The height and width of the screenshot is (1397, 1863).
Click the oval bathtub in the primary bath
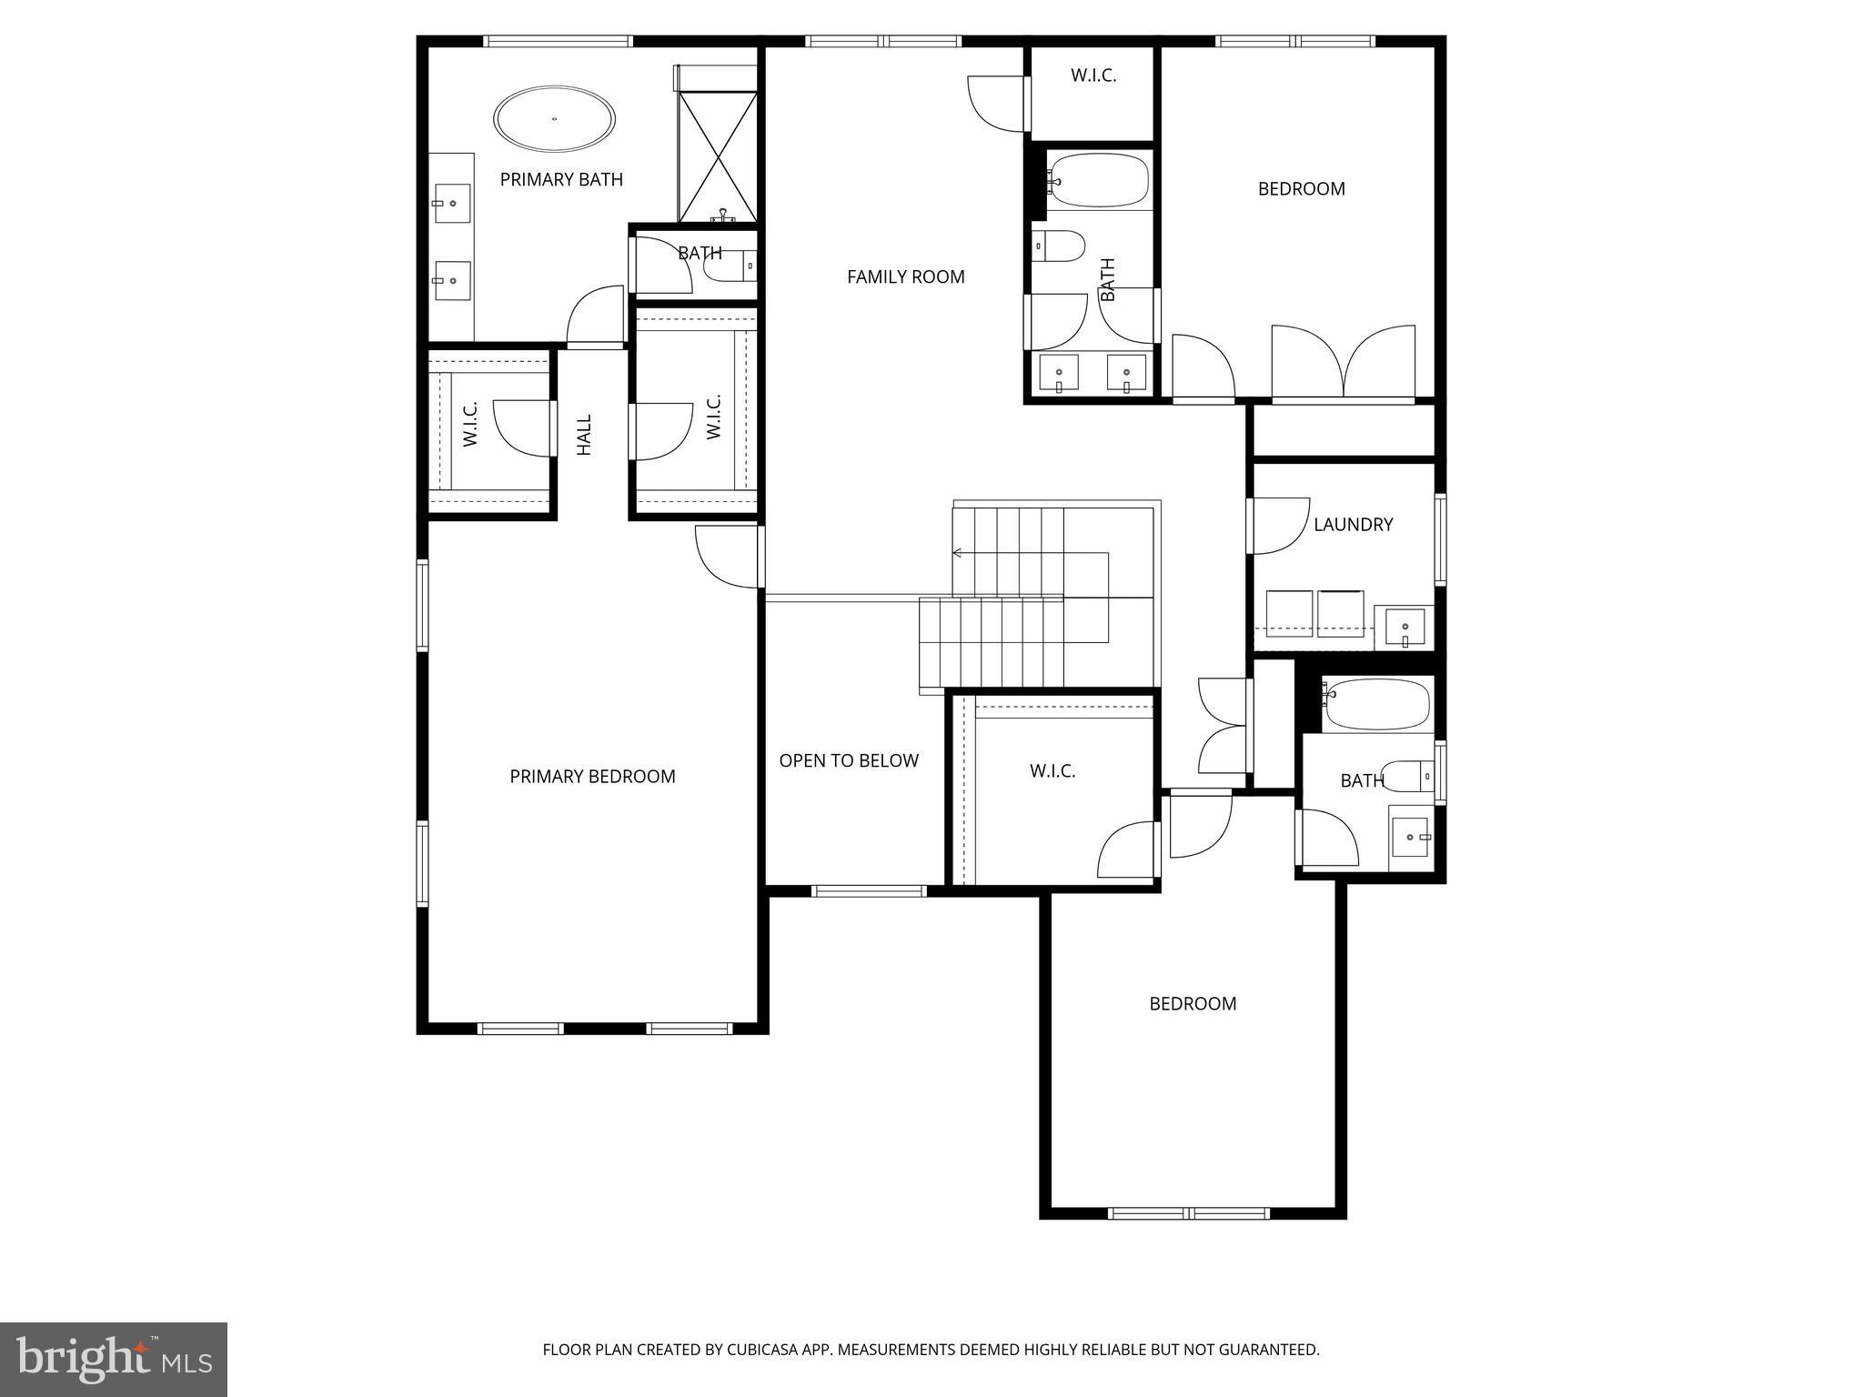click(x=554, y=119)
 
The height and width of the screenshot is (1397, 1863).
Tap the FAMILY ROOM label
click(x=905, y=276)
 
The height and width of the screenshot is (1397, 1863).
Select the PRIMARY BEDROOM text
click(x=592, y=776)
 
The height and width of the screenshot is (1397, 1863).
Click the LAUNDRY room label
click(x=1353, y=524)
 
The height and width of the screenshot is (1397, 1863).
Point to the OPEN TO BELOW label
click(x=848, y=760)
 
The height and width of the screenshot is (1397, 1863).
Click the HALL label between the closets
click(x=584, y=435)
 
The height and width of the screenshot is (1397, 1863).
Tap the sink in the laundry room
click(x=1405, y=628)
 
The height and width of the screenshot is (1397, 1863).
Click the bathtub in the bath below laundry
click(x=1375, y=704)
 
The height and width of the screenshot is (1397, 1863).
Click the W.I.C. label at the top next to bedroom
click(x=1093, y=75)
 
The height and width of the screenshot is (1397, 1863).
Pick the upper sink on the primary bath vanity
click(x=452, y=203)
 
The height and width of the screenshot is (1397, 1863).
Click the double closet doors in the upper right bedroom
click(x=1343, y=364)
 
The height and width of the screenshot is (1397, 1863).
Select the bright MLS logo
click(x=114, y=1359)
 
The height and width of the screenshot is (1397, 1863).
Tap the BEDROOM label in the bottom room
click(x=1193, y=1003)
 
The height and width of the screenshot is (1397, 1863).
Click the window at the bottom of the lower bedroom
click(x=1188, y=1212)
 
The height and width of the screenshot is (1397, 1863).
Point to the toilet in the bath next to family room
click(x=1061, y=246)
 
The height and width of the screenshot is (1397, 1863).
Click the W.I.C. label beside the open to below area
click(x=1052, y=770)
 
